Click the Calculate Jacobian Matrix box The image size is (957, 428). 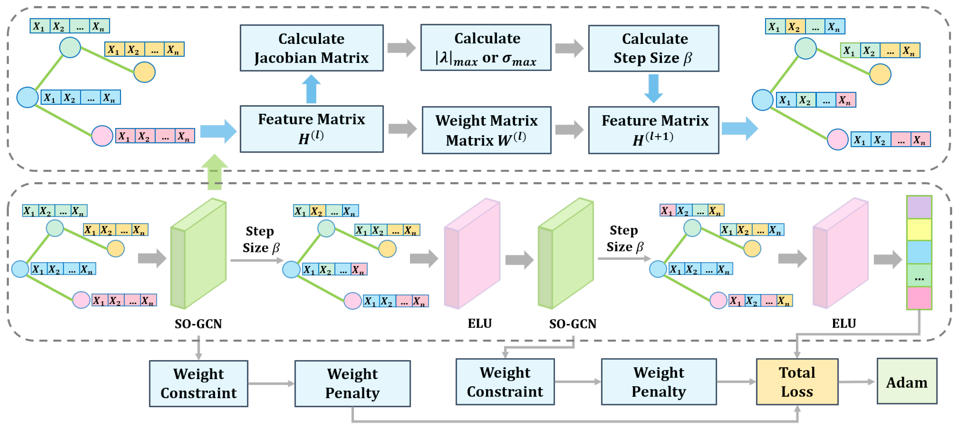click(311, 48)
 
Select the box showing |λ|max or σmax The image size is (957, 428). click(486, 48)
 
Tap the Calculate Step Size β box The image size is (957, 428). click(653, 48)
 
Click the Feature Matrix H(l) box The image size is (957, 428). click(311, 129)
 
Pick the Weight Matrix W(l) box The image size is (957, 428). click(486, 130)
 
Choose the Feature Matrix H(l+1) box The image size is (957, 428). click(653, 130)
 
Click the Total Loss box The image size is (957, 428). click(797, 382)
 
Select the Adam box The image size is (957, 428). click(906, 382)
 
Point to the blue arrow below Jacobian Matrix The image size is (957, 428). click(311, 89)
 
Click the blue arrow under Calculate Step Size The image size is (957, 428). click(653, 88)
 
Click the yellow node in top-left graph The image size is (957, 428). click(144, 72)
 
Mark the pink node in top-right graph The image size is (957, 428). click(837, 139)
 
